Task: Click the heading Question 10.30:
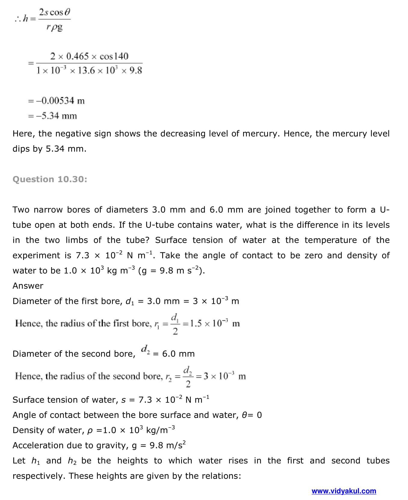[50, 179]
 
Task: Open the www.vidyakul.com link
[344, 491]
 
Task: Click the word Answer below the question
[28, 286]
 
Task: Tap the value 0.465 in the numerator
[77, 56]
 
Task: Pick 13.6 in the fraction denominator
[86, 71]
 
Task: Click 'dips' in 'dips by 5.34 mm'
[21, 149]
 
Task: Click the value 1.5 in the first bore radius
[196, 324]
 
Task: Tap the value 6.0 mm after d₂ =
[178, 354]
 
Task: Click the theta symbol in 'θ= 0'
[245, 415]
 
